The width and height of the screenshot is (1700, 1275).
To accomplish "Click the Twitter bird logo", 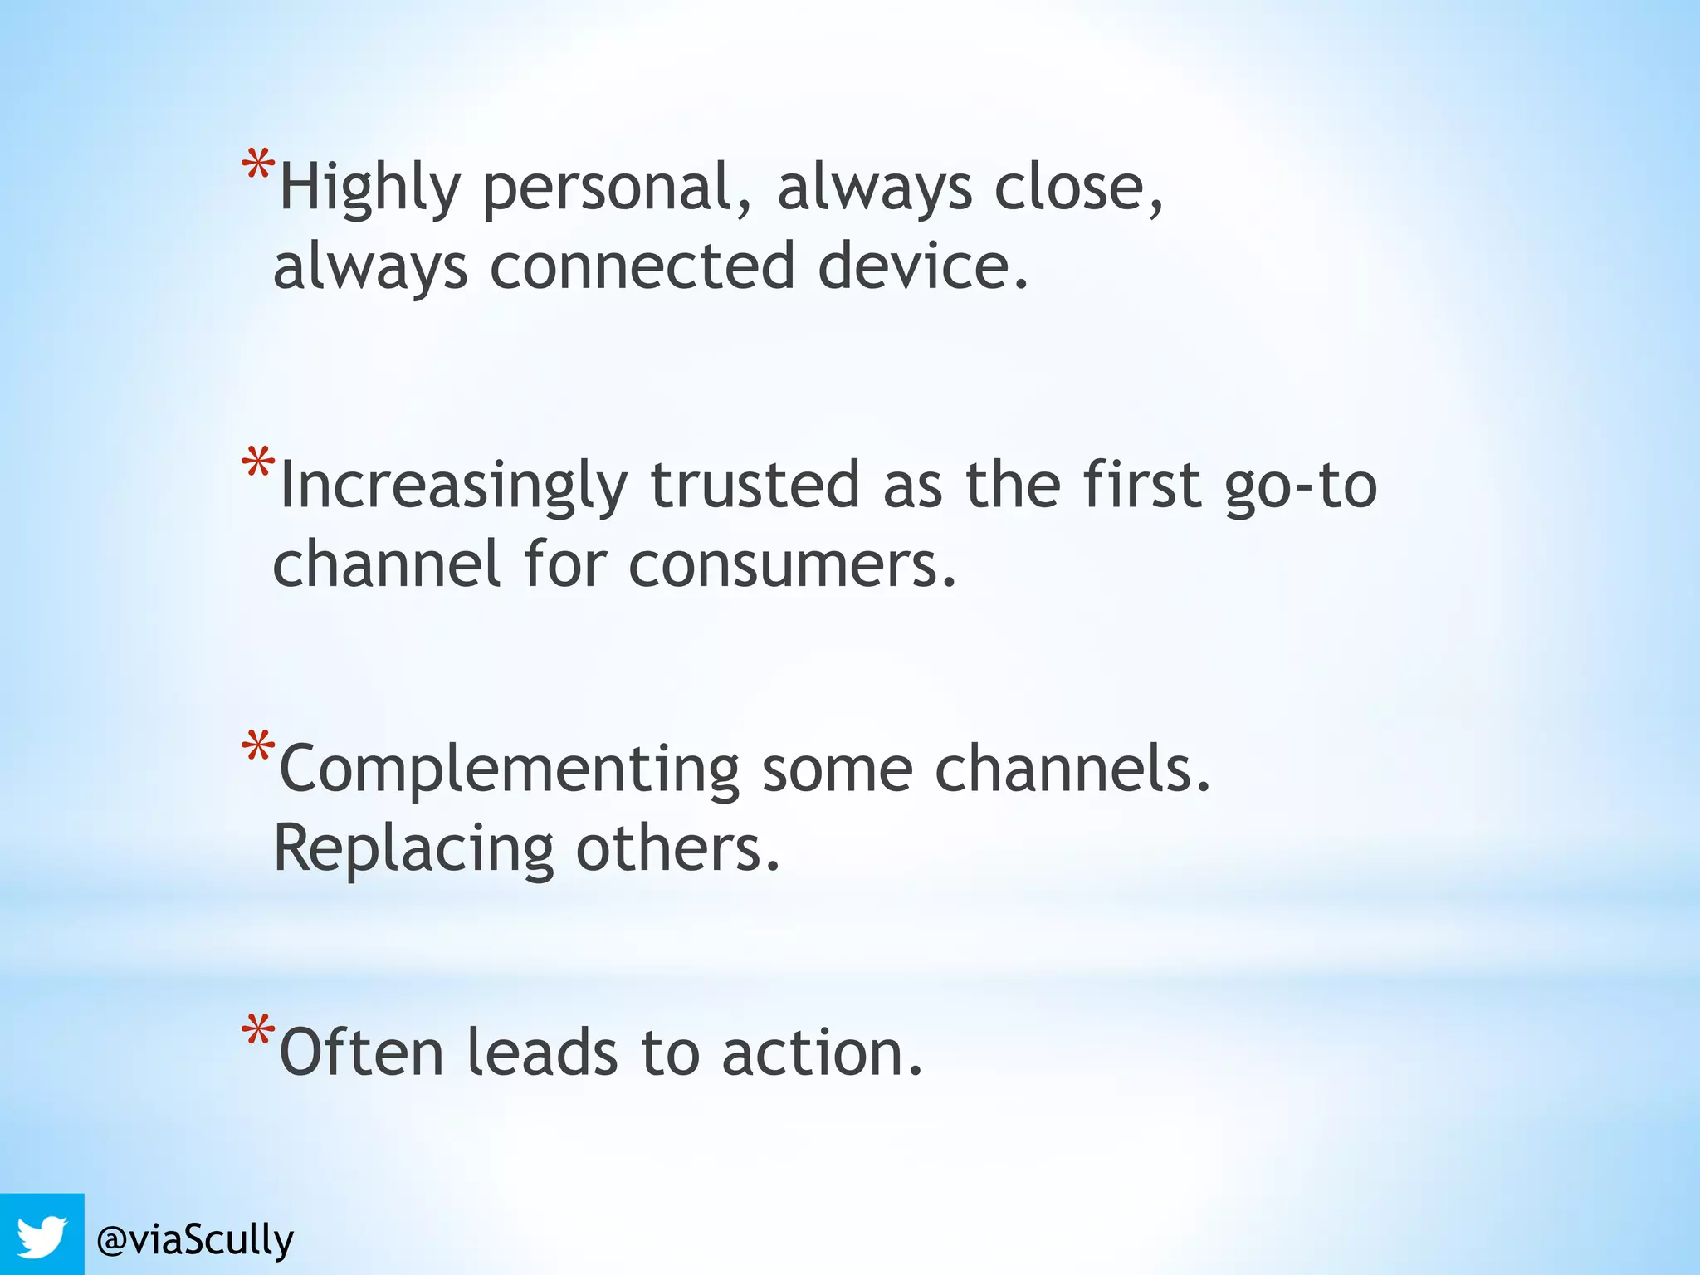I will click(x=42, y=1236).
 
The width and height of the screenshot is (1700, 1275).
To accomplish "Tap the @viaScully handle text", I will click(x=195, y=1240).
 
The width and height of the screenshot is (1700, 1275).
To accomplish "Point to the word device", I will click(x=923, y=266).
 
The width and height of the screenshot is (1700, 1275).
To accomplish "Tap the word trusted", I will click(x=755, y=485).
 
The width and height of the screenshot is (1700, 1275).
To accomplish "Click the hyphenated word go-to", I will click(x=1301, y=486).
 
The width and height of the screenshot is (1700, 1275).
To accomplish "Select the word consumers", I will click(x=793, y=565).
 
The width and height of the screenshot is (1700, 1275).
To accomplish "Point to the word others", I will click(x=678, y=848).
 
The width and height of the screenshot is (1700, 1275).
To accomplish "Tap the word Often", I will click(x=362, y=1052).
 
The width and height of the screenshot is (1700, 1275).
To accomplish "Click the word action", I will click(x=822, y=1053).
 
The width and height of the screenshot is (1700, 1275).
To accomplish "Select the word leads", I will click(x=542, y=1052).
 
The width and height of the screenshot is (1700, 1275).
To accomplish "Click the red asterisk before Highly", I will click(x=257, y=165).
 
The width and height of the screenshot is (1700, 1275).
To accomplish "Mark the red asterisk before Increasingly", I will click(x=257, y=462).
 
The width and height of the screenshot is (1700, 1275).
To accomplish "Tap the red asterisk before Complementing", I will click(x=257, y=746).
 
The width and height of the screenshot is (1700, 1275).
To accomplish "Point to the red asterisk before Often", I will click(x=257, y=1030).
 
